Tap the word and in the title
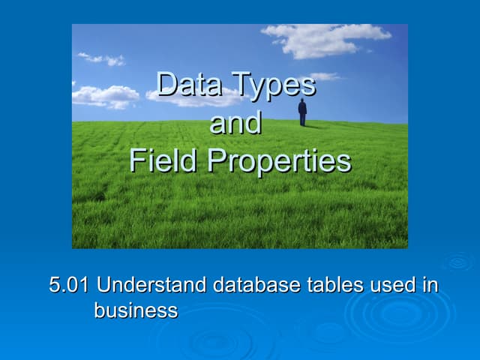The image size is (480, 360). click(235, 123)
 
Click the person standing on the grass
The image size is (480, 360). click(302, 112)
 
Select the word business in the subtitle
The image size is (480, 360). click(136, 310)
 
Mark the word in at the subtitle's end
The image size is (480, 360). click(430, 286)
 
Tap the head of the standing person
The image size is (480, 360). click(302, 101)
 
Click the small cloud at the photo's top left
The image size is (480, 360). click(101, 58)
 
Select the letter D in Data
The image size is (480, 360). click(166, 85)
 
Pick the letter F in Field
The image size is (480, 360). click(136, 160)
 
